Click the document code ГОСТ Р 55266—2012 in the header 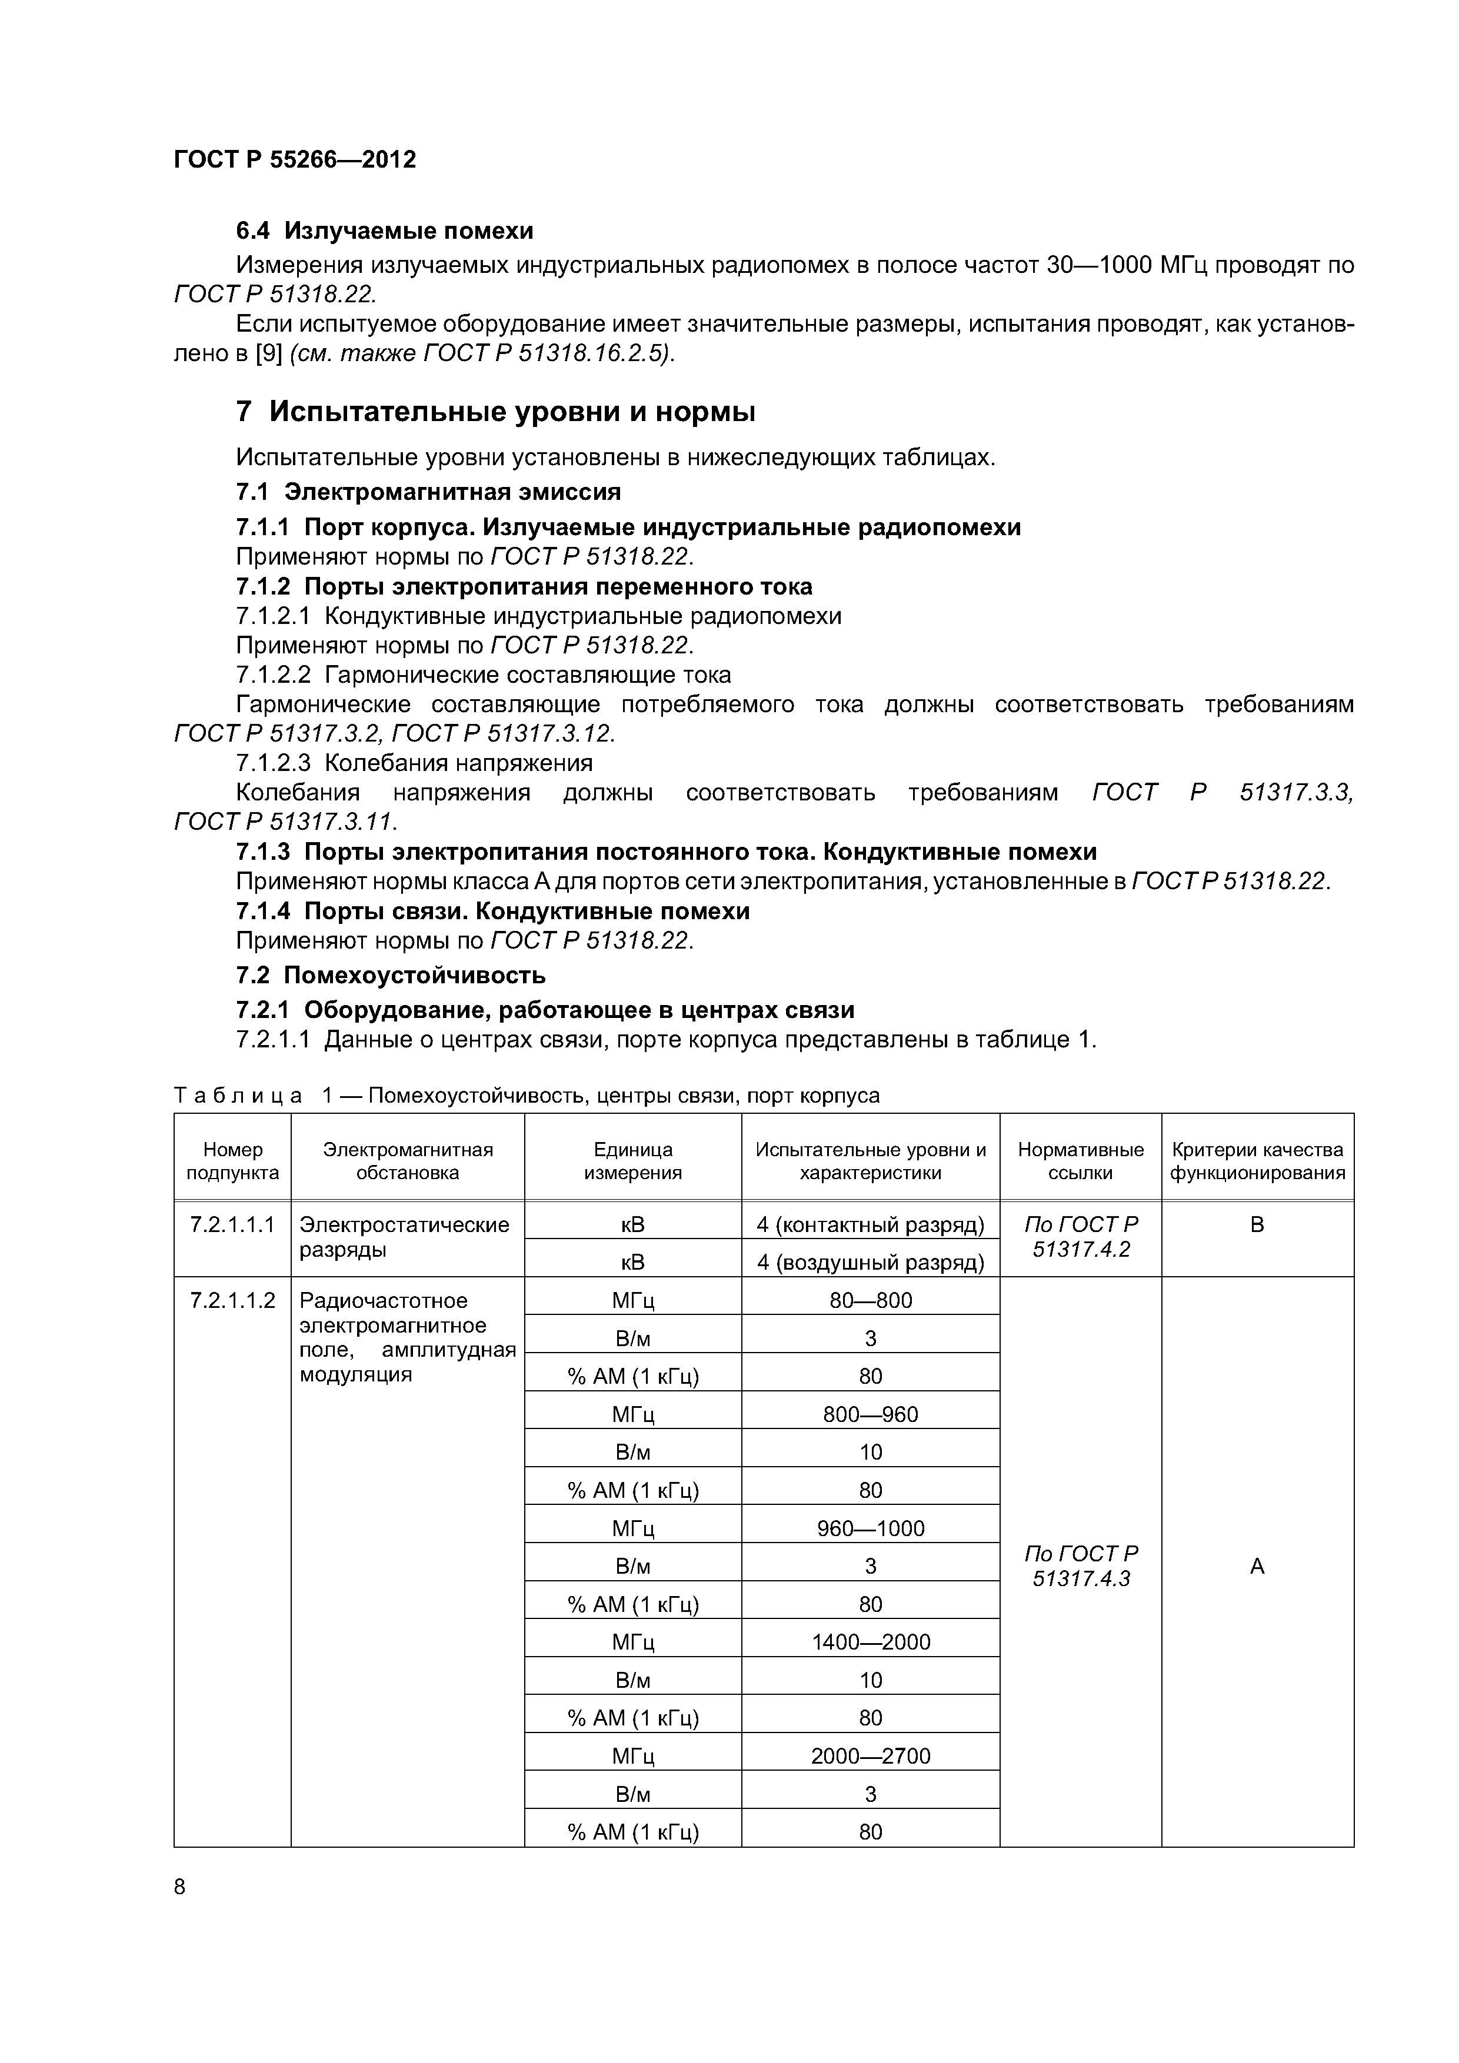pos(295,160)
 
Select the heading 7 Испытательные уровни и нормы pos(495,412)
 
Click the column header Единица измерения pos(633,1161)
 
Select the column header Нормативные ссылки pos(1081,1161)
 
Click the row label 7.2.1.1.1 pos(232,1224)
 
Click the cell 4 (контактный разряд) pos(870,1224)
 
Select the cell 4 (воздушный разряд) pos(870,1263)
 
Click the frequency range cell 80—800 pos(870,1300)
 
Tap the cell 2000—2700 pos(870,1755)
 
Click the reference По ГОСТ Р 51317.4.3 pos(1081,1566)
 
